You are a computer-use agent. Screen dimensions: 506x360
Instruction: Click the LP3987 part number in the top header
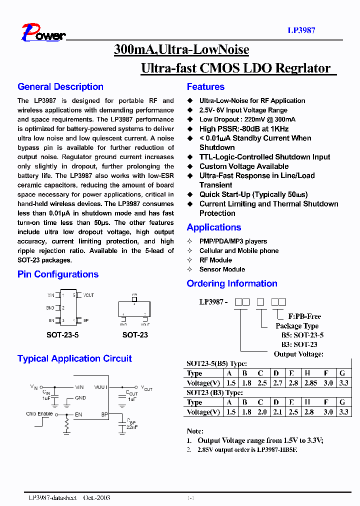(x=301, y=30)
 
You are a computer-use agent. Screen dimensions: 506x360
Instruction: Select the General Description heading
(x=60, y=87)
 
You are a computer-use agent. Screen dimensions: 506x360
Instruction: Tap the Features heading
(x=205, y=87)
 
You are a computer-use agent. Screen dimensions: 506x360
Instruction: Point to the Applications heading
(x=214, y=227)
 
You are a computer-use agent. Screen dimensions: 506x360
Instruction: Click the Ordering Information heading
(x=232, y=284)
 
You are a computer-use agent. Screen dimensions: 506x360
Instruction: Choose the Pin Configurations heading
(x=58, y=274)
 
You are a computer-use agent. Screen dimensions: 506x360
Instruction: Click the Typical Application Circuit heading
(x=74, y=359)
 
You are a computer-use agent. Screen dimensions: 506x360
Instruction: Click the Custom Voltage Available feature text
(x=244, y=166)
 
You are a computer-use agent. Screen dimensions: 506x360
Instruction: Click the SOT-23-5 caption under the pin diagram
(x=62, y=335)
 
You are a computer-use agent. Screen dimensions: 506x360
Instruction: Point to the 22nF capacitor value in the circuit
(x=132, y=428)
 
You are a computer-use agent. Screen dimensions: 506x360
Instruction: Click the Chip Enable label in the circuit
(x=39, y=414)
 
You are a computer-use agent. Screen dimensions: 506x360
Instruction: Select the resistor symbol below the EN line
(x=66, y=425)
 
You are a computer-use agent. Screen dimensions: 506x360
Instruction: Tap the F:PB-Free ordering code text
(x=304, y=316)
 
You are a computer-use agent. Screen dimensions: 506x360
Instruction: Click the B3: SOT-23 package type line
(x=299, y=344)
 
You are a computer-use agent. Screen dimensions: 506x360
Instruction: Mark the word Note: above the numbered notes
(x=195, y=431)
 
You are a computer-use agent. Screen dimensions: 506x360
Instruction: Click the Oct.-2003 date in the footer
(x=96, y=498)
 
